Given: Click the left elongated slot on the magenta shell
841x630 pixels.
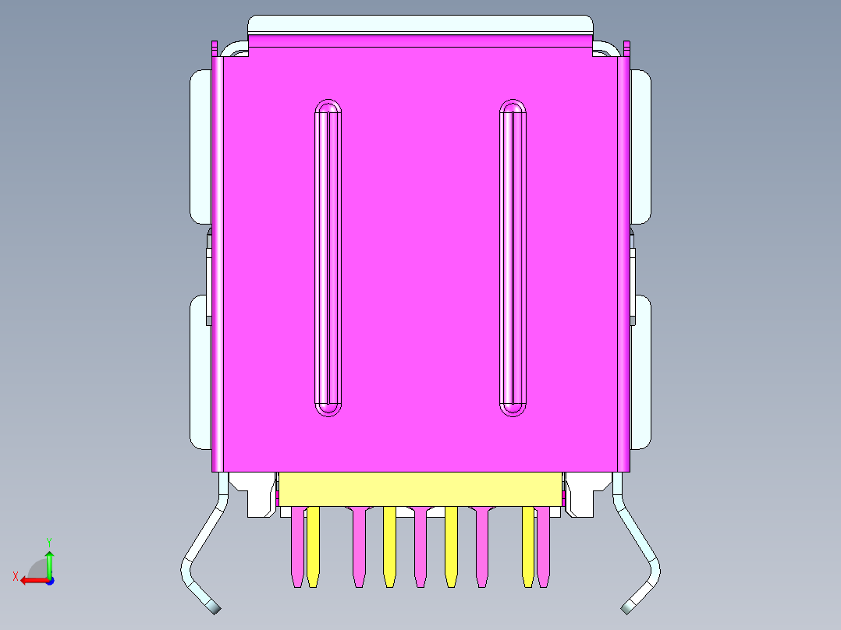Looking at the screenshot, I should tap(328, 257).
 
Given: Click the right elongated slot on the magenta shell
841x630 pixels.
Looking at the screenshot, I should tap(513, 257).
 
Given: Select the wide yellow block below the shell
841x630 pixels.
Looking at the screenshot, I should tap(420, 489).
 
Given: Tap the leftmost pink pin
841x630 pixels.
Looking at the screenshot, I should tap(296, 546).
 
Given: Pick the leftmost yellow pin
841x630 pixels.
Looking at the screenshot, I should tap(313, 546).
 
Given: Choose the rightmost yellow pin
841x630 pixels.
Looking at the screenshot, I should tap(528, 546).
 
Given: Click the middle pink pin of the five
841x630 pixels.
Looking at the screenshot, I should tap(420, 546).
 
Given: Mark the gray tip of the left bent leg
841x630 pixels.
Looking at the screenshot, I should tap(213, 607).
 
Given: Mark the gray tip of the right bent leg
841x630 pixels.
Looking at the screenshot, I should tap(629, 607).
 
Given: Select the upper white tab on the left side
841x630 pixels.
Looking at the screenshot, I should tap(200, 146).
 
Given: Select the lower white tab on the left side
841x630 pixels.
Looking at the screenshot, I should tap(200, 372).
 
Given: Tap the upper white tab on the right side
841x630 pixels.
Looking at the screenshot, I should tap(641, 146).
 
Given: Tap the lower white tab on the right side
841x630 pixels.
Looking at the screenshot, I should tap(641, 372).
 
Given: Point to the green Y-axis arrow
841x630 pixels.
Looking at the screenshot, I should tap(49, 561).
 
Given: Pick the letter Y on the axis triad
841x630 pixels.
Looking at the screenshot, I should tap(48, 541).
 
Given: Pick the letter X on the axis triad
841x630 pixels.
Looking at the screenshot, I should tap(15, 577).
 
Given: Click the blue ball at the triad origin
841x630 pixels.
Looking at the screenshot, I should tap(49, 580).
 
